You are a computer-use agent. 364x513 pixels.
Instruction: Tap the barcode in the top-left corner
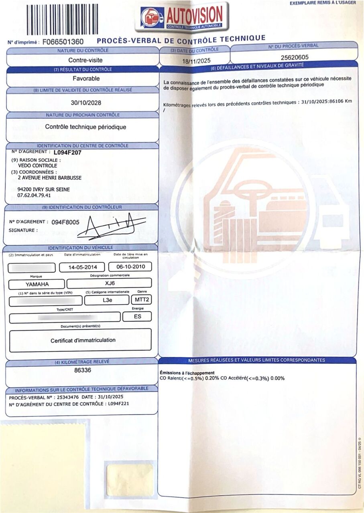(62, 19)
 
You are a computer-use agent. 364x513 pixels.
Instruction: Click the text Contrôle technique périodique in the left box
(85, 127)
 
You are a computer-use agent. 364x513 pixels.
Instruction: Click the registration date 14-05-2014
(82, 267)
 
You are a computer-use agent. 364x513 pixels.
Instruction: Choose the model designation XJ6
(109, 283)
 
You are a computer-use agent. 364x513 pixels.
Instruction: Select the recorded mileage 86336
(83, 370)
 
